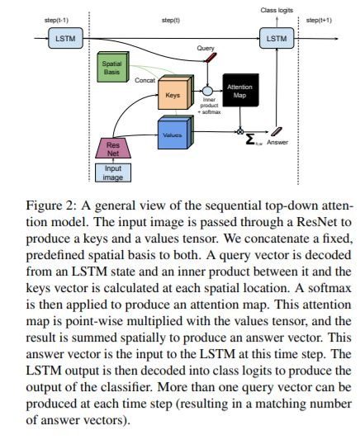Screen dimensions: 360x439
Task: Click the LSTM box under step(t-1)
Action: click(65, 38)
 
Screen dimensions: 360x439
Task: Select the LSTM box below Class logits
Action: click(277, 38)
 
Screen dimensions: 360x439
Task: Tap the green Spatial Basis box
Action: click(113, 67)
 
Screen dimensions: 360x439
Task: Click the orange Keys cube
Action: click(176, 92)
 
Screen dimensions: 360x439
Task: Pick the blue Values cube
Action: click(176, 132)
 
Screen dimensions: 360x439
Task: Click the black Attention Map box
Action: click(240, 90)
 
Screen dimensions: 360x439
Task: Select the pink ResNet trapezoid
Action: click(113, 148)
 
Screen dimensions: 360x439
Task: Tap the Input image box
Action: click(113, 172)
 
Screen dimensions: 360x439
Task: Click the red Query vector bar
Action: click(211, 58)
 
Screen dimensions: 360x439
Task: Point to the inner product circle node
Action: click(207, 91)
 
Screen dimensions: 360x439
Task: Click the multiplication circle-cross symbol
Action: click(240, 131)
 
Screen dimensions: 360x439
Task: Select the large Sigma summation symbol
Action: click(250, 139)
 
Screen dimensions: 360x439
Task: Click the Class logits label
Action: click(277, 11)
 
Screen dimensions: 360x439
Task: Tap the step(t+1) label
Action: click(319, 20)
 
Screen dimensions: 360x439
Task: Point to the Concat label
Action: click(144, 80)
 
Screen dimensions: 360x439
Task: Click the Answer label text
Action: click(277, 142)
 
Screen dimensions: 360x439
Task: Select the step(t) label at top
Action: click(171, 20)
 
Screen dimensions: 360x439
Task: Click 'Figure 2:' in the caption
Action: click(51, 205)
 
